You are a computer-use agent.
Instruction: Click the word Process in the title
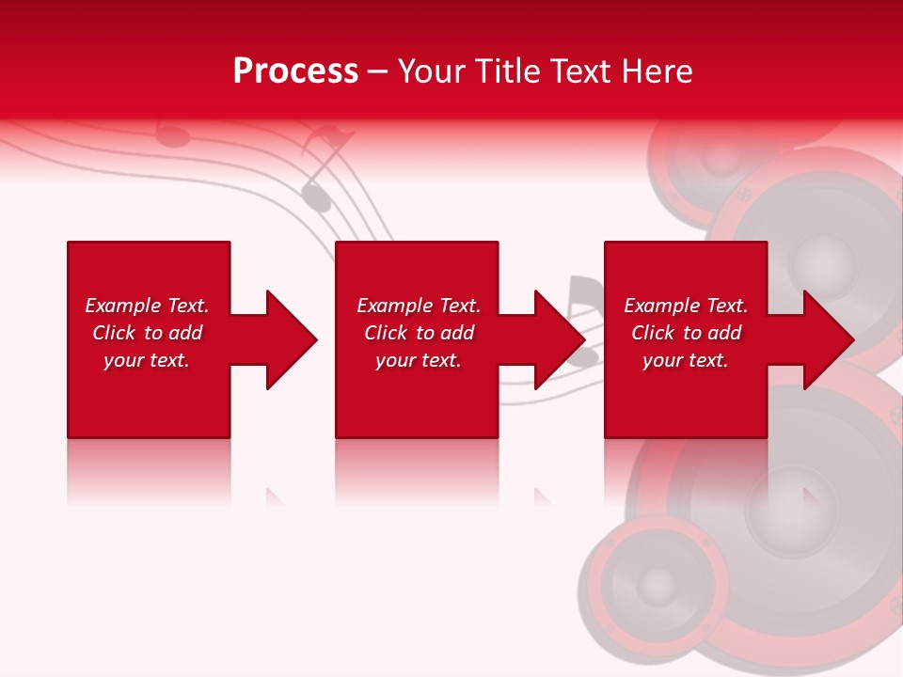pyautogui.click(x=295, y=71)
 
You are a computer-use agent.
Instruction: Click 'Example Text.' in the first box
pyautogui.click(x=147, y=306)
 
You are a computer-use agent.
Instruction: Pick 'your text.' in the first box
pyautogui.click(x=147, y=360)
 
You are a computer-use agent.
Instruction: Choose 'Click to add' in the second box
pyautogui.click(x=419, y=333)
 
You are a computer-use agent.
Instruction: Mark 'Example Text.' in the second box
pyautogui.click(x=419, y=306)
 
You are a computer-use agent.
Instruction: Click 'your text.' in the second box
pyautogui.click(x=419, y=360)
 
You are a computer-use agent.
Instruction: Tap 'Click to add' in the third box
pyautogui.click(x=686, y=333)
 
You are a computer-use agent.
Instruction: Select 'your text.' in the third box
pyautogui.click(x=686, y=360)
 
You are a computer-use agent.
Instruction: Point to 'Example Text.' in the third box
pyautogui.click(x=686, y=306)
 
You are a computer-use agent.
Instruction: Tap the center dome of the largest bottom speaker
pyautogui.click(x=790, y=508)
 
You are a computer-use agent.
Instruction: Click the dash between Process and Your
pyautogui.click(x=378, y=72)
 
